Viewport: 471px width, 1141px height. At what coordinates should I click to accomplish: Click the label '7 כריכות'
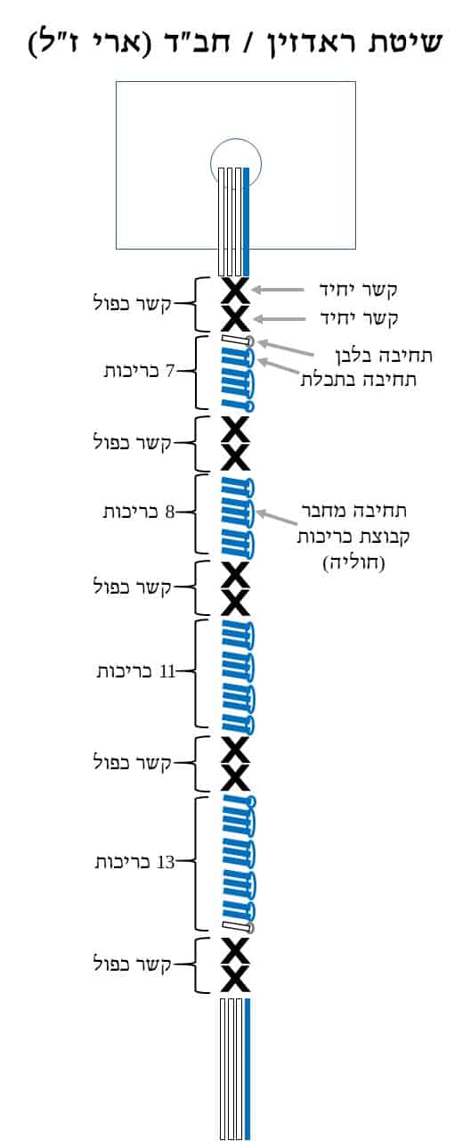tap(139, 371)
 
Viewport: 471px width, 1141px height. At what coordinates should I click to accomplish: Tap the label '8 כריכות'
tap(139, 512)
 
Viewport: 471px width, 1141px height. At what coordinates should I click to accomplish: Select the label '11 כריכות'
tap(136, 671)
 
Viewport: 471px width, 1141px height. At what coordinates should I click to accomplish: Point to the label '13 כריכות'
tap(134, 862)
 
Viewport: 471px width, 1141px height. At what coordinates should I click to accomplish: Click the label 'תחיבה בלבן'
tap(384, 355)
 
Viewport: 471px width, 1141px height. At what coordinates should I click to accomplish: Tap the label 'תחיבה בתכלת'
tap(359, 380)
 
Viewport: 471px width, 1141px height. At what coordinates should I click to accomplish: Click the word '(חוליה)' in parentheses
tap(353, 562)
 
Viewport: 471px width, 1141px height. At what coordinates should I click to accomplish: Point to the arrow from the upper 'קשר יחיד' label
tap(278, 290)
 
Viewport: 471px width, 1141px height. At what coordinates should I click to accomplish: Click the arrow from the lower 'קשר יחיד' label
tap(280, 319)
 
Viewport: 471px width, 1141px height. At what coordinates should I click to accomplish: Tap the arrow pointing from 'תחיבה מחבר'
tap(277, 518)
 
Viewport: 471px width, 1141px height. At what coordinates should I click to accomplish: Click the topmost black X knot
tap(235, 291)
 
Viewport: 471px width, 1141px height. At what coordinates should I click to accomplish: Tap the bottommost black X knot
tap(235, 980)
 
